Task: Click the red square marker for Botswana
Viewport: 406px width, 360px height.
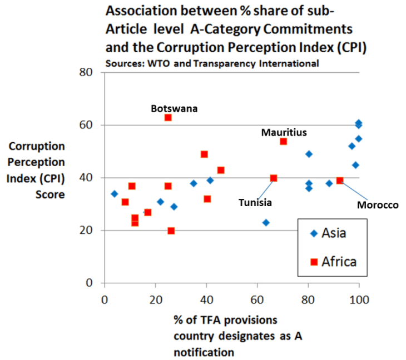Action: pyautogui.click(x=168, y=118)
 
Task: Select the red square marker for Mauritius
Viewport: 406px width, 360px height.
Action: pyautogui.click(x=283, y=142)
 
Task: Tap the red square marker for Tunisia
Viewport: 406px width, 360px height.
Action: pyautogui.click(x=274, y=178)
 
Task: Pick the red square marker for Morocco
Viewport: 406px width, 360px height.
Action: pyautogui.click(x=340, y=181)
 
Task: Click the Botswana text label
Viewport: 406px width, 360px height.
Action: pyautogui.click(x=174, y=108)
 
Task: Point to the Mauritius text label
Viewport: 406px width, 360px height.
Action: pyautogui.click(x=284, y=132)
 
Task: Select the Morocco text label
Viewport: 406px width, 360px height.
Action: pyautogui.click(x=378, y=205)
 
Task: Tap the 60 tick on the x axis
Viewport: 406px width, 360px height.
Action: pyautogui.click(x=257, y=301)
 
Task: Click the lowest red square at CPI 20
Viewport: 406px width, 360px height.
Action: pyautogui.click(x=171, y=231)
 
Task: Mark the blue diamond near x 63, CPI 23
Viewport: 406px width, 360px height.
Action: pyautogui.click(x=266, y=223)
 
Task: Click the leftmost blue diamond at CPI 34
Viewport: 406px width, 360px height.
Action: pyautogui.click(x=114, y=194)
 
